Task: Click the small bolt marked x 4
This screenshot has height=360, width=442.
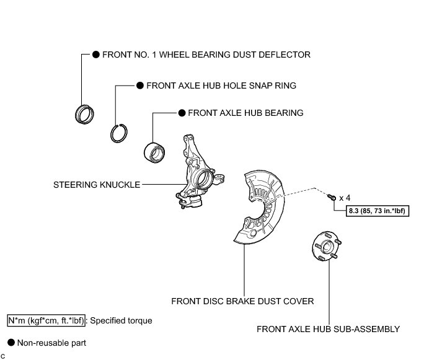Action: (x=331, y=196)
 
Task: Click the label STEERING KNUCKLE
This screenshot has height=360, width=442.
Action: (x=97, y=184)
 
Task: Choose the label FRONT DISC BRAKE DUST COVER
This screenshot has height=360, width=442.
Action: (x=243, y=301)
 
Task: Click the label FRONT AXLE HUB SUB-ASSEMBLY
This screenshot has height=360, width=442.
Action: (x=328, y=329)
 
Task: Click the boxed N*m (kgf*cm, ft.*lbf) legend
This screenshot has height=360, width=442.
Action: (x=46, y=321)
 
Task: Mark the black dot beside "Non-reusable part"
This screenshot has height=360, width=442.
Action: (x=11, y=342)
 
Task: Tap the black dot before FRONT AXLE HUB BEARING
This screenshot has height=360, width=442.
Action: (x=182, y=113)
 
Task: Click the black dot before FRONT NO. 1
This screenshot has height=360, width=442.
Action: (x=96, y=55)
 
